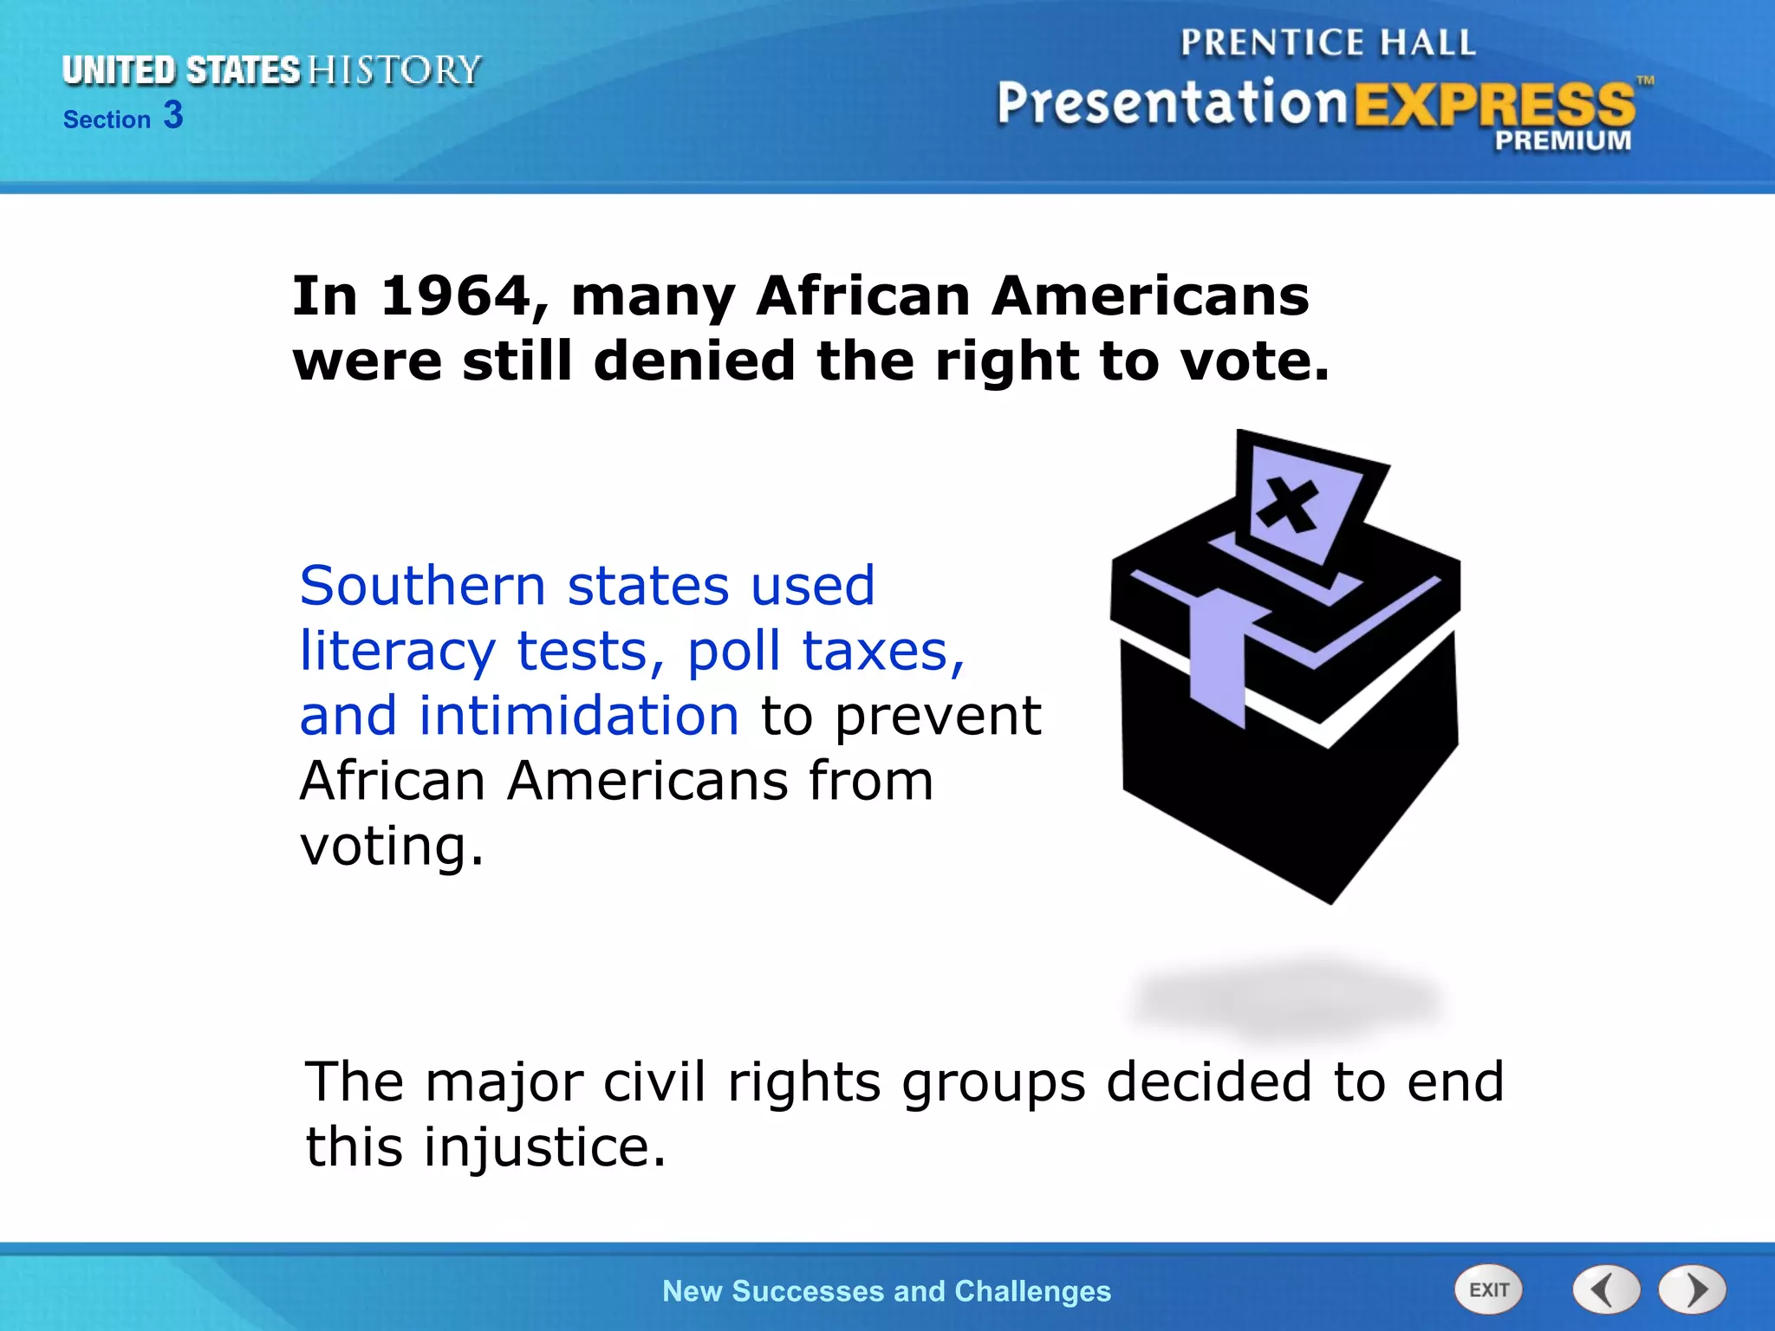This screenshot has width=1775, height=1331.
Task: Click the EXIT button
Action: [1488, 1290]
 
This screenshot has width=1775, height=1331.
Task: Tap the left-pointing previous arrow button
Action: [1606, 1290]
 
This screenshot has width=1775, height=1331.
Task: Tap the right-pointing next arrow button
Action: [1693, 1290]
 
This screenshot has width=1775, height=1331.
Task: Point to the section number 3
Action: [173, 115]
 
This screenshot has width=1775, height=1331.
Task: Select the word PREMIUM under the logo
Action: [1562, 140]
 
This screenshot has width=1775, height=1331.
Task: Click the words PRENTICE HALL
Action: [1327, 42]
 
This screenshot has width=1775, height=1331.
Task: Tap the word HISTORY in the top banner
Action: [394, 70]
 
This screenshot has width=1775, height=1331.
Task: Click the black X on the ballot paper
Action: [1288, 504]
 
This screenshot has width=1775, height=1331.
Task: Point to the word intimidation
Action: [579, 716]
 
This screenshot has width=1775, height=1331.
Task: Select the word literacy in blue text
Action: [397, 652]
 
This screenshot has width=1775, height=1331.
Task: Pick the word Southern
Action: [422, 586]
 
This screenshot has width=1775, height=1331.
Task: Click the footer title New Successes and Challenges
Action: [886, 1291]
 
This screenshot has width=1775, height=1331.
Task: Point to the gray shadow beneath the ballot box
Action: [1287, 1000]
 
